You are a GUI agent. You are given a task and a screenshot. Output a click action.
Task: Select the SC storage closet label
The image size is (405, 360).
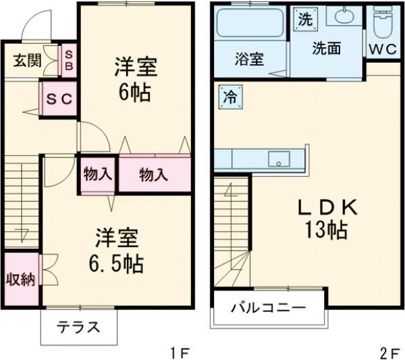pos(59,99)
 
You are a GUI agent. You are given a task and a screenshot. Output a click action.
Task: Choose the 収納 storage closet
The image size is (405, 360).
pos(20,279)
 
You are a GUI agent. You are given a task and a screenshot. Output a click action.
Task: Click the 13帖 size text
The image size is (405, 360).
pos(324,231)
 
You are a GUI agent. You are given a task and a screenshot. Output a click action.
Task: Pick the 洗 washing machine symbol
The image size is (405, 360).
pos(305,20)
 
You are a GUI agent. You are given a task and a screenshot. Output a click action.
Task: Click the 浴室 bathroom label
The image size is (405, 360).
pos(250,59)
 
